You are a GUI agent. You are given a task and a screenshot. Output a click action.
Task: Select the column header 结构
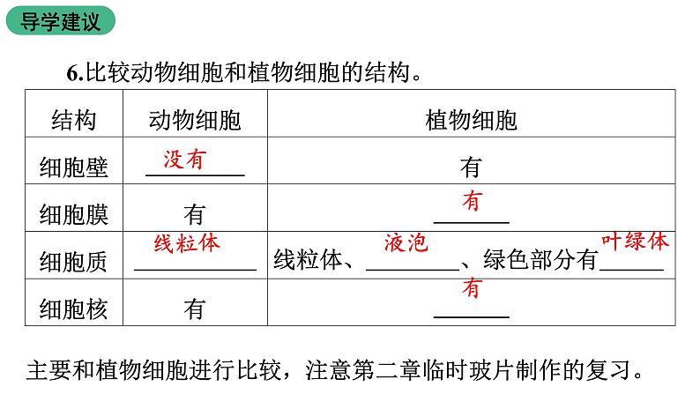pos(73,120)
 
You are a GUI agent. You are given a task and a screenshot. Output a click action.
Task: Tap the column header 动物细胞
pos(194,120)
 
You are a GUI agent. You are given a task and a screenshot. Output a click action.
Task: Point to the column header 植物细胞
pos(471,120)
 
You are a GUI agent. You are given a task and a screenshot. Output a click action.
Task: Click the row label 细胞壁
pos(73,167)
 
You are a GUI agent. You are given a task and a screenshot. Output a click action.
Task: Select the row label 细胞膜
pos(73,214)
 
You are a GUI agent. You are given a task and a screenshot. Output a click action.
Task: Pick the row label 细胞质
pos(73,261)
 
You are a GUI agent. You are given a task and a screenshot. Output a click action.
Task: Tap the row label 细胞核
pos(73,309)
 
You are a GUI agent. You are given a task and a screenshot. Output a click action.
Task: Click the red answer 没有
pos(184,159)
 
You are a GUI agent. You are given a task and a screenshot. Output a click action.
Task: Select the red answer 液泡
pos(406,242)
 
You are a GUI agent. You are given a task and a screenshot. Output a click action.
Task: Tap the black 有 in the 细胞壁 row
pos(471,167)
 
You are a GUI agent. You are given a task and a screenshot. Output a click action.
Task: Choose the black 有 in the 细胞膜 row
pos(194,214)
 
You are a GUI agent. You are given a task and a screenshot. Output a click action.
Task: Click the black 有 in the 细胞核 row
pos(194,309)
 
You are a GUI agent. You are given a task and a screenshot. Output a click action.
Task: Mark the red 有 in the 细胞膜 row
pos(473,201)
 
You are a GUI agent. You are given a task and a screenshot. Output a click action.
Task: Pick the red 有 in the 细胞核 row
pos(473,287)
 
